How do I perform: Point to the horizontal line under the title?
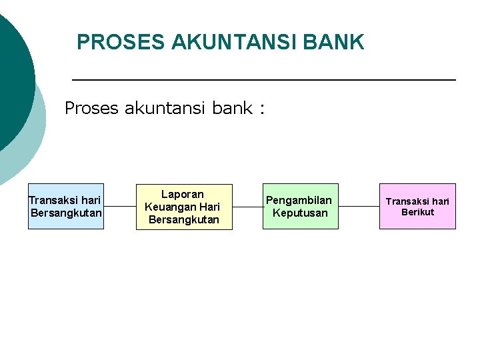(x=263, y=80)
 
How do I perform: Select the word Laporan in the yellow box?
(x=183, y=194)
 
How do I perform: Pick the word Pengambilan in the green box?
(x=299, y=200)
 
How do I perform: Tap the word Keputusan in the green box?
(x=300, y=213)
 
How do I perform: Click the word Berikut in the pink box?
(x=417, y=212)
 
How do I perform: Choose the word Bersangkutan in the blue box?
(x=67, y=213)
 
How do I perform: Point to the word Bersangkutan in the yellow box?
(x=184, y=219)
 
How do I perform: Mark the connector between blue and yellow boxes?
(x=120, y=206)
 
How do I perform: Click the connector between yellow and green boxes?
(x=247, y=206)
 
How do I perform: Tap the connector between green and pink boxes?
(x=359, y=206)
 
